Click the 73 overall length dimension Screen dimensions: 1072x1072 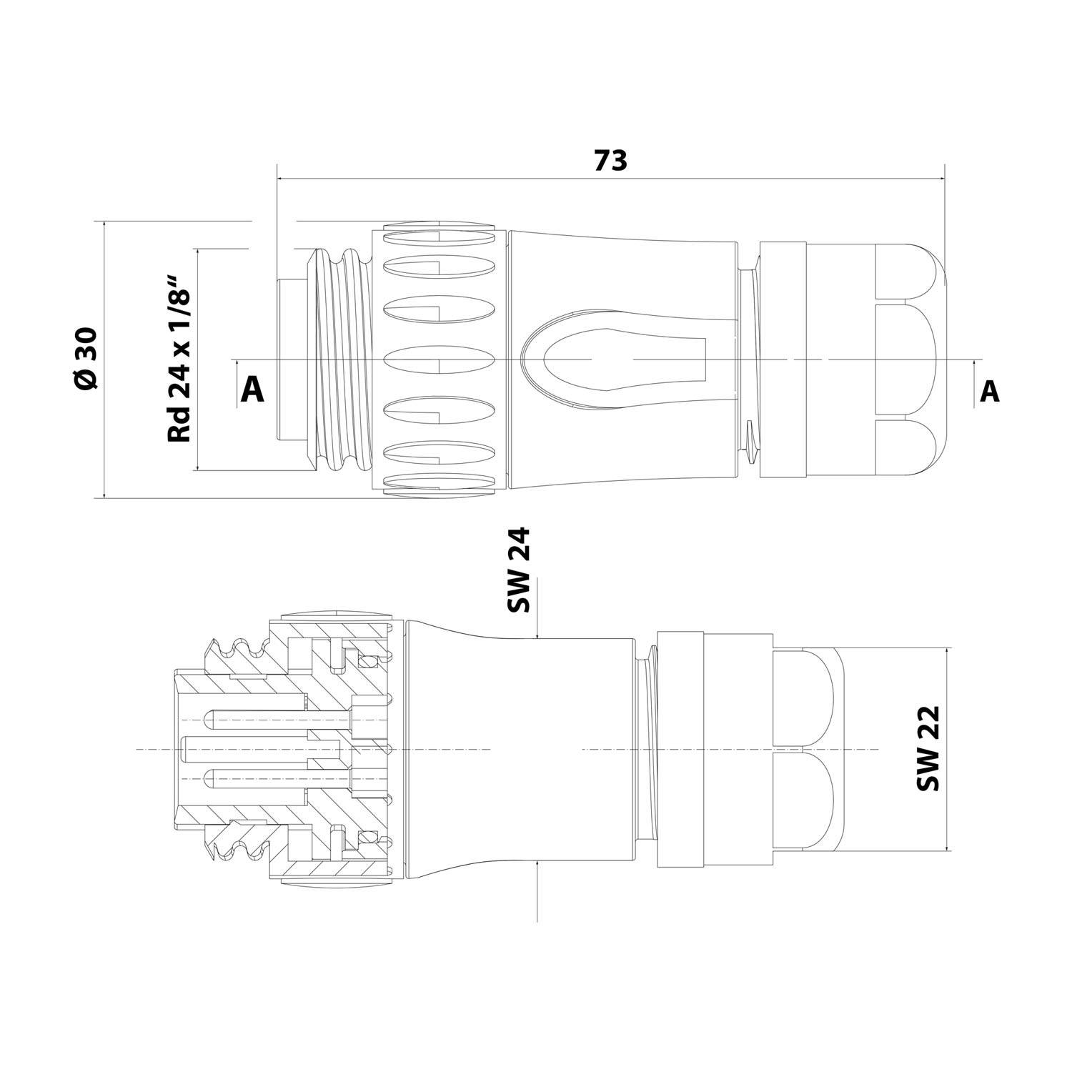(x=610, y=162)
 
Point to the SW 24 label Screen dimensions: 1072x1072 (x=520, y=570)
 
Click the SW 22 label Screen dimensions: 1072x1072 (x=928, y=748)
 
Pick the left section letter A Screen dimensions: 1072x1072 (x=252, y=390)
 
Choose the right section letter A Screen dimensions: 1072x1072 (x=989, y=391)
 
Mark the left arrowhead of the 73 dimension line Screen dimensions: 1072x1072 (x=281, y=178)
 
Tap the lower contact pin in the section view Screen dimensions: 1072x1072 (x=279, y=778)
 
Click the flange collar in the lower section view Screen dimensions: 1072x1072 (x=680, y=749)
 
